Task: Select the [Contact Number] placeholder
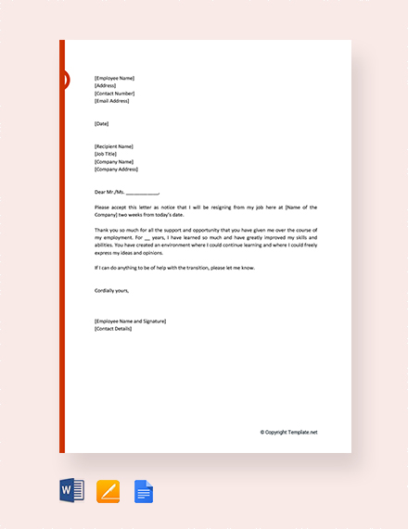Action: coord(115,93)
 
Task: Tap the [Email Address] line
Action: coord(114,100)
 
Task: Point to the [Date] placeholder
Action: coord(102,123)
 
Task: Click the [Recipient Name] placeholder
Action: coord(114,146)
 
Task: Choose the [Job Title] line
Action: coord(108,154)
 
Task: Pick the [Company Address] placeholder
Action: coord(116,170)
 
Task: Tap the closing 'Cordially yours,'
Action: coord(112,290)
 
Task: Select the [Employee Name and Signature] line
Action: coord(130,321)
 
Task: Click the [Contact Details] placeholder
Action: coord(113,328)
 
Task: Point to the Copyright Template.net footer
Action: coord(288,432)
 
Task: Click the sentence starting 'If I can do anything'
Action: coord(174,268)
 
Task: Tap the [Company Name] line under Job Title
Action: coord(113,162)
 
